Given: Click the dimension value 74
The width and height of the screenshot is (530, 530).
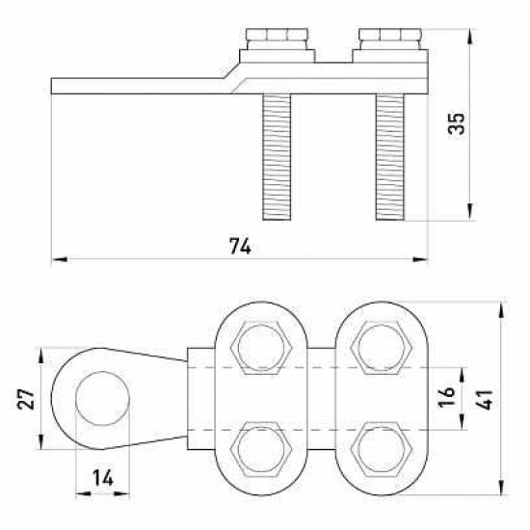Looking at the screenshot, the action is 240,246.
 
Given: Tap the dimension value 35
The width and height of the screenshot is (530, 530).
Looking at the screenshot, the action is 457,123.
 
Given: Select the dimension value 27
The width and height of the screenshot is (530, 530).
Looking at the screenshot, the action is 26,399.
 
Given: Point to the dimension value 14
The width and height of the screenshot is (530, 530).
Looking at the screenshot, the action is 103,478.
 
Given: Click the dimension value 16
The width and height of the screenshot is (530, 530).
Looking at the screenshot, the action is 446,396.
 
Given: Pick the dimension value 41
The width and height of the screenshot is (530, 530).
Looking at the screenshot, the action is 485,400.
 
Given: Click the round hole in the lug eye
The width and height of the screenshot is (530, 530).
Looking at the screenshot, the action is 102,398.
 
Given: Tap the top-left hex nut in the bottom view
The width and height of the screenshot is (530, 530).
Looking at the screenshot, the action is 261,348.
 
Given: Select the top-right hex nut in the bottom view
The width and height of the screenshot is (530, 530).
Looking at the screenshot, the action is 382,348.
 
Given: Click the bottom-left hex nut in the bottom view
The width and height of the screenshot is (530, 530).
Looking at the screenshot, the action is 261,450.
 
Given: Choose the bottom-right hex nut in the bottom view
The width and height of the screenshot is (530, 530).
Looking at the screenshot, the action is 382,450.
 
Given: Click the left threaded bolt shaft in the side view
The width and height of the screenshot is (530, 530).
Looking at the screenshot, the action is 277,157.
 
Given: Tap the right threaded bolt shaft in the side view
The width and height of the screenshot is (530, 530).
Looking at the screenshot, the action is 389,157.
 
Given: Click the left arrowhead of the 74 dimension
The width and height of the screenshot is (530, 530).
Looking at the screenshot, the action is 59,259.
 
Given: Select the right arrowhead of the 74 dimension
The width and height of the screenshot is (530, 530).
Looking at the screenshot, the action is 420,259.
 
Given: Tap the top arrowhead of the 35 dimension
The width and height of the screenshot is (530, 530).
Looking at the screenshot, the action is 469,37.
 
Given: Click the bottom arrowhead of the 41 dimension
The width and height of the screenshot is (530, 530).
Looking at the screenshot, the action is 503,487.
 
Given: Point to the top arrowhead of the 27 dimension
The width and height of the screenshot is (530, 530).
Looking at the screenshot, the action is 40,356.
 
